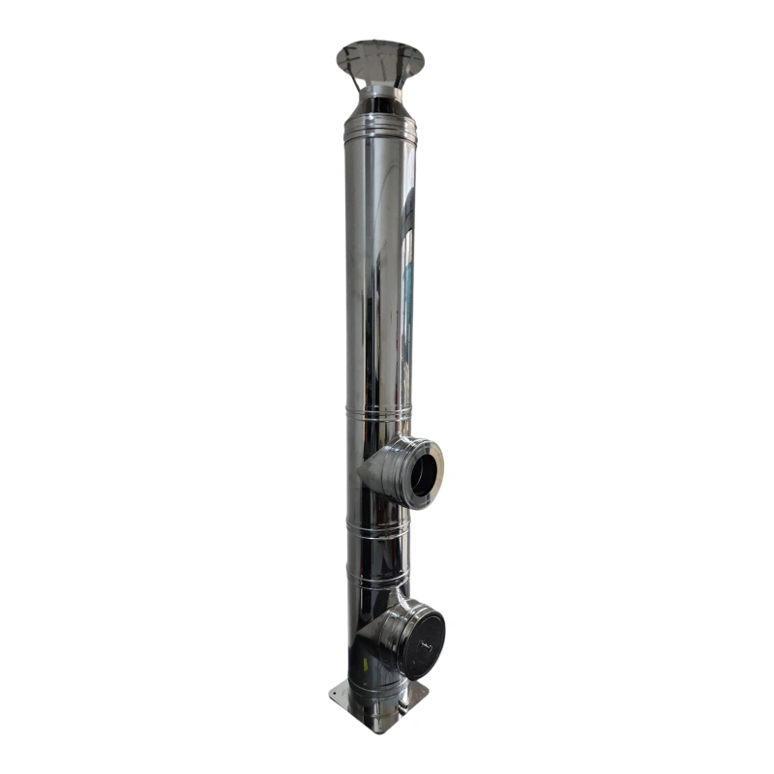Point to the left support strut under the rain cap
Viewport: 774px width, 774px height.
point(354,79)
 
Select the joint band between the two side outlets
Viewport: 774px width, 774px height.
point(378,530)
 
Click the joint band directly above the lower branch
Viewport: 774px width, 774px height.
point(378,579)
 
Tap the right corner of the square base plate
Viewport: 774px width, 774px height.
point(426,691)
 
